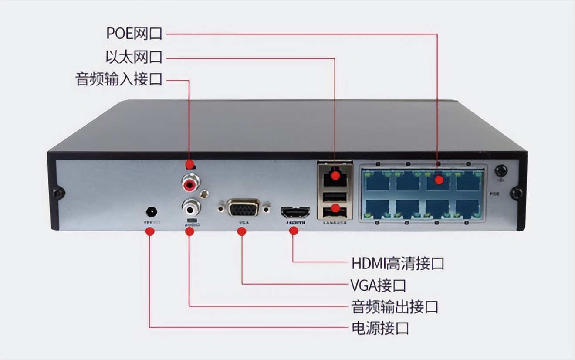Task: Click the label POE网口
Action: point(134,34)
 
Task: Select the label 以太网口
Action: point(134,57)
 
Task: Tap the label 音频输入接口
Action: point(119,80)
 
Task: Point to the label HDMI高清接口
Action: point(398,263)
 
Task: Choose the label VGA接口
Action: point(378,285)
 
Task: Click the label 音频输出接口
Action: point(395,306)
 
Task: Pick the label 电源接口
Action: point(380,328)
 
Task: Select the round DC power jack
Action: point(152,212)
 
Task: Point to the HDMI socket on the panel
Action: point(295,213)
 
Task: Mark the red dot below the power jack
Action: point(150,231)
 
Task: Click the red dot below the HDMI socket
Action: point(294,231)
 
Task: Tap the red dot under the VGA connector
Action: point(242,231)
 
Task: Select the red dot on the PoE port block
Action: point(439,179)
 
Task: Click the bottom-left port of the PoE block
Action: point(377,209)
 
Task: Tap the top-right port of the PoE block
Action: point(469,180)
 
